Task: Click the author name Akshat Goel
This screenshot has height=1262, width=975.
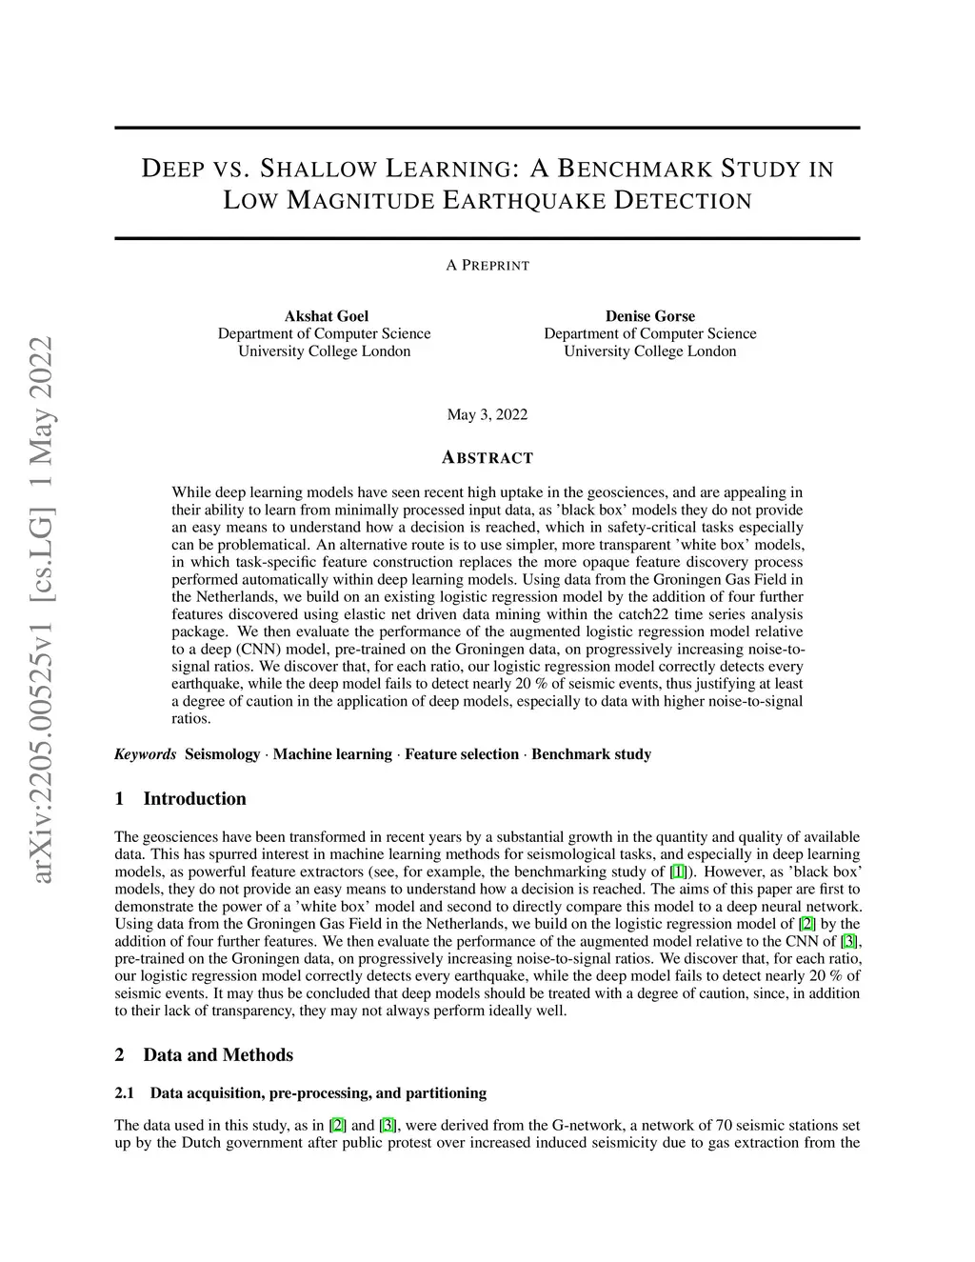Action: (x=326, y=316)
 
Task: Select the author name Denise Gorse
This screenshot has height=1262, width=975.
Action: (x=649, y=316)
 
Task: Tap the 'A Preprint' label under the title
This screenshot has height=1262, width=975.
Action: (x=487, y=265)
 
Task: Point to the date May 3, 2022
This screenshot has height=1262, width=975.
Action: (x=487, y=414)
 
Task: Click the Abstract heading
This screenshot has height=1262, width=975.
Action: (x=487, y=458)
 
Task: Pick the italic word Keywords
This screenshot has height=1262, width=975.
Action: (x=145, y=754)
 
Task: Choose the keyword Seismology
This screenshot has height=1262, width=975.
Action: (x=222, y=754)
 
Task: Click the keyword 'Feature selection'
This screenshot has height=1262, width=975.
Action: (x=462, y=754)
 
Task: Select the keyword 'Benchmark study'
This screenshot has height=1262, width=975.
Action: (x=591, y=754)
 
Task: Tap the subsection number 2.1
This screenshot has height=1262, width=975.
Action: (x=125, y=1093)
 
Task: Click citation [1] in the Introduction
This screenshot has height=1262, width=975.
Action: (x=678, y=871)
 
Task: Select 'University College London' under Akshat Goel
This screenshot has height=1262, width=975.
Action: (x=325, y=351)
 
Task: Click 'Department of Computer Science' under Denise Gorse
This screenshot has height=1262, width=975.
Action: (x=649, y=333)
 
